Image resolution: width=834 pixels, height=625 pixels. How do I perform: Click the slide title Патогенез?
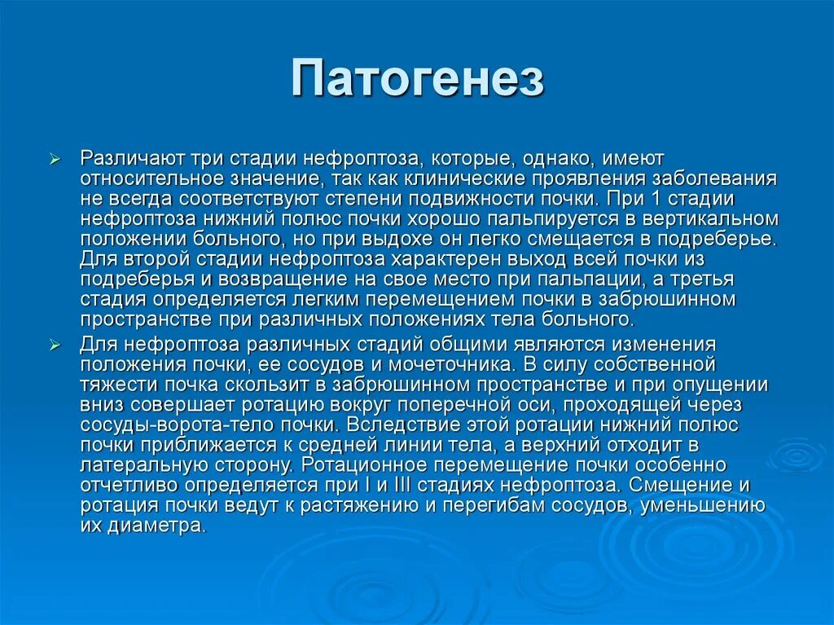pos(417,79)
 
